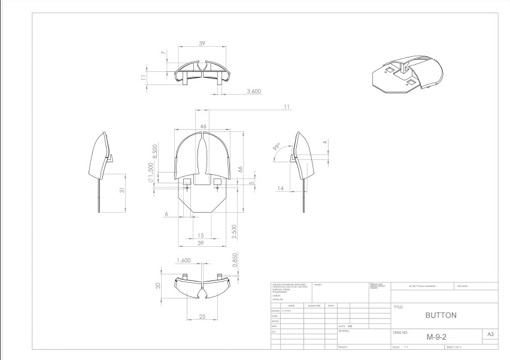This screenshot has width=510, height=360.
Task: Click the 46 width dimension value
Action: click(x=204, y=126)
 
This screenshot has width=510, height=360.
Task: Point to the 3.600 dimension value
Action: click(x=256, y=91)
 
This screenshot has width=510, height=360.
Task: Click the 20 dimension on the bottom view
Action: click(x=157, y=286)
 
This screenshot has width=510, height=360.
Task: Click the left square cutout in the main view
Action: click(x=186, y=181)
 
